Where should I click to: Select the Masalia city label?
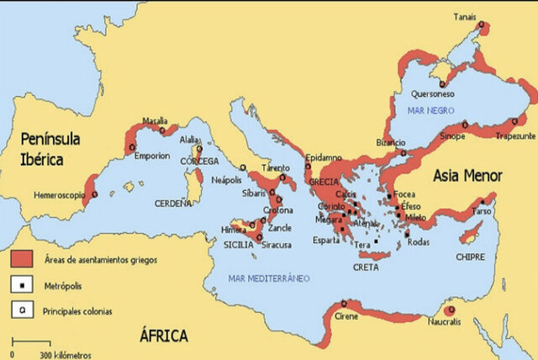tap(155, 120)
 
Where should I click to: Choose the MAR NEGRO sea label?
tap(430, 110)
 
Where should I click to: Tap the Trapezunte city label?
tap(516, 135)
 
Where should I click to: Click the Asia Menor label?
tap(467, 176)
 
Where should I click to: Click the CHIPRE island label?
tap(470, 256)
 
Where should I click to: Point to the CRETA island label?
tap(366, 267)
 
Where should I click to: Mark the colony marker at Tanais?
tap(482, 25)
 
